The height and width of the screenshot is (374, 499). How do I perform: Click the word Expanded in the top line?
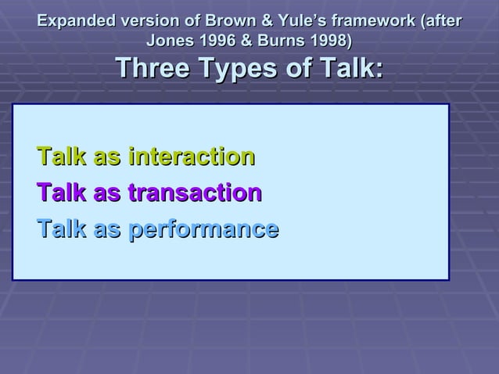(74, 20)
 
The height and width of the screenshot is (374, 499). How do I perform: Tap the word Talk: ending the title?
(348, 70)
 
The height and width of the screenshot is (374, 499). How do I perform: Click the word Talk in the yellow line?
(62, 156)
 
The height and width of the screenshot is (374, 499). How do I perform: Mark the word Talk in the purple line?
(62, 192)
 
